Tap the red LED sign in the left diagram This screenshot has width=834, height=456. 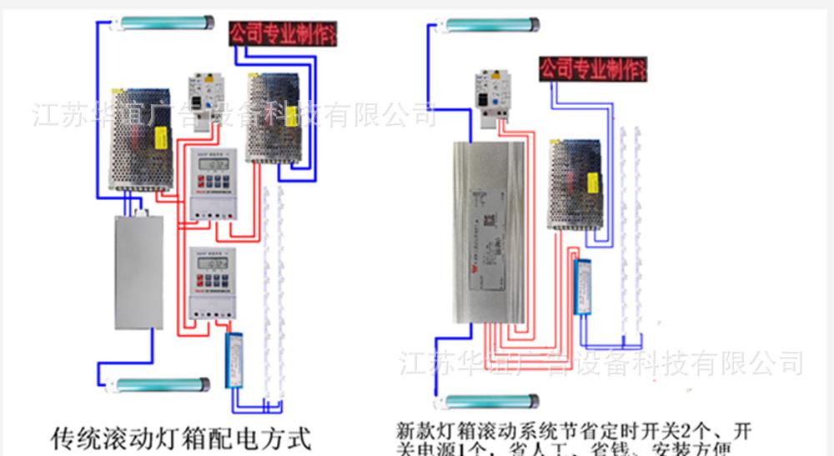[x=283, y=35]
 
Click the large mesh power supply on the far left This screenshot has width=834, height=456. [x=139, y=138]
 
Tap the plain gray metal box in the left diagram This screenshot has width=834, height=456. [x=138, y=271]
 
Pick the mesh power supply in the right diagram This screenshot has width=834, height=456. [x=575, y=183]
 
